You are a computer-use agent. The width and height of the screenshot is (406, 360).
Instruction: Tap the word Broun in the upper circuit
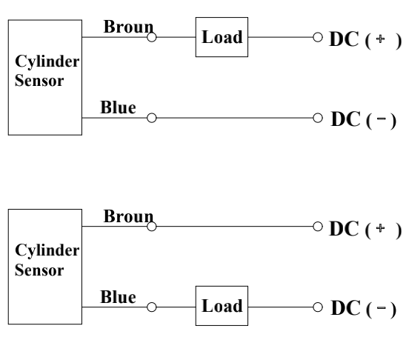128,27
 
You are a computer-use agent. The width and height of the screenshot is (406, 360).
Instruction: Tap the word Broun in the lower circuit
128,216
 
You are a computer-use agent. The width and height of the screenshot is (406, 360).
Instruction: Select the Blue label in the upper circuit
118,107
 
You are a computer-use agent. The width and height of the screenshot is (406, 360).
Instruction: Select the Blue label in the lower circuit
118,297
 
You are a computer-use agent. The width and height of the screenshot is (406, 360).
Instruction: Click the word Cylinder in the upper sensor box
47,61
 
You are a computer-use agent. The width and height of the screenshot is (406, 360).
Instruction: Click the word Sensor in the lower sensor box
39,270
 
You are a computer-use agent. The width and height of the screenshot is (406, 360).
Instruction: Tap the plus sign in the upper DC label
380,39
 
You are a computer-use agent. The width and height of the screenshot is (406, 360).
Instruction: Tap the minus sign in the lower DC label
381,307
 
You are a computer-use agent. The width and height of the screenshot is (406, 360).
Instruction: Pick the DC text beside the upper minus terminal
346,119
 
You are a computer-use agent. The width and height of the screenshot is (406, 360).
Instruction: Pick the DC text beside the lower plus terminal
344,229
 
